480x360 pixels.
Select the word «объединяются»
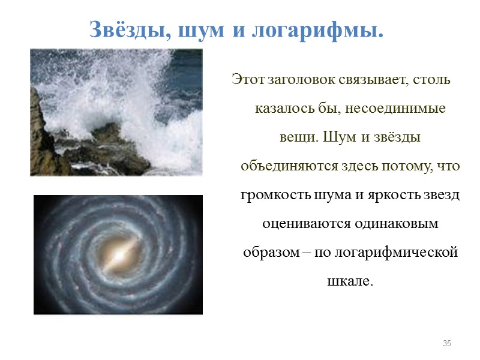click(x=280, y=166)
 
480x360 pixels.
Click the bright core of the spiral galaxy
click(x=118, y=254)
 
